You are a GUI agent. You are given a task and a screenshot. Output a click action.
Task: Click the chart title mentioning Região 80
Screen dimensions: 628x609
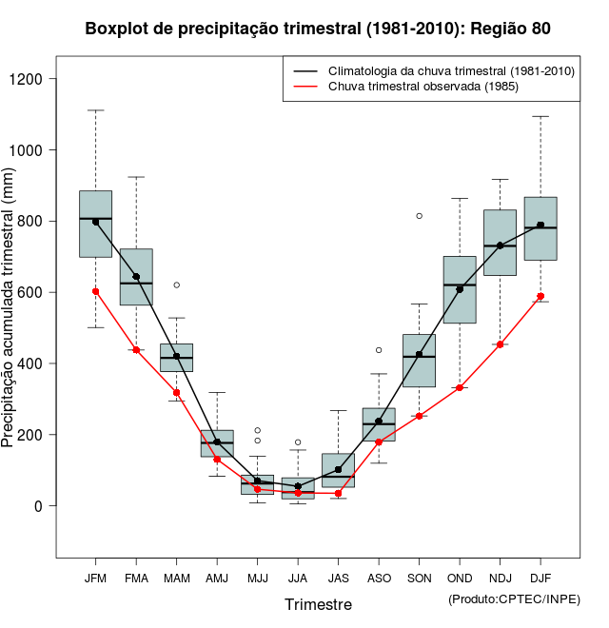pyautogui.click(x=318, y=29)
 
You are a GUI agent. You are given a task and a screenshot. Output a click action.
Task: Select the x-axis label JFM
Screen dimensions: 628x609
pyautogui.click(x=95, y=578)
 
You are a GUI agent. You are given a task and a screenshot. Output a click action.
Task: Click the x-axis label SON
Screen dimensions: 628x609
pyautogui.click(x=419, y=578)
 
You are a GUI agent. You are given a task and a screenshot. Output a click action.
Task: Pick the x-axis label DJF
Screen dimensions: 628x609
pyautogui.click(x=540, y=578)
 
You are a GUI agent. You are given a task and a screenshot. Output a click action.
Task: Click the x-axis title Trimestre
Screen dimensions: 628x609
pyautogui.click(x=318, y=604)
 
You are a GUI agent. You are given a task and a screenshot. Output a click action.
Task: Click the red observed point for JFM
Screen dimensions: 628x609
pyautogui.click(x=96, y=291)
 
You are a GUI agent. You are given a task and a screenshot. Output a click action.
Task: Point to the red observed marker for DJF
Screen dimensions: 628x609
pyautogui.click(x=540, y=296)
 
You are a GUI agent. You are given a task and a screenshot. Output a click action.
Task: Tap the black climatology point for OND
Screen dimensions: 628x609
pyautogui.click(x=460, y=289)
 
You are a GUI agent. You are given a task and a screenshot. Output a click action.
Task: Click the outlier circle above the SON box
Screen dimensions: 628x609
pyautogui.click(x=420, y=216)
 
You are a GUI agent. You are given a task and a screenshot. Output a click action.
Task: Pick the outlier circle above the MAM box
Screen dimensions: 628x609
pyautogui.click(x=177, y=285)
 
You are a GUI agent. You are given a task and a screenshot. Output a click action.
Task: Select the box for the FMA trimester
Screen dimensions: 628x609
pyautogui.click(x=136, y=277)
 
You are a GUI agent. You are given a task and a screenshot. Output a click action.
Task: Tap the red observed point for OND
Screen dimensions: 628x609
pyautogui.click(x=460, y=387)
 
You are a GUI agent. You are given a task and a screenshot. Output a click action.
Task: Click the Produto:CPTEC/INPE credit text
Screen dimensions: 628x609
pyautogui.click(x=514, y=599)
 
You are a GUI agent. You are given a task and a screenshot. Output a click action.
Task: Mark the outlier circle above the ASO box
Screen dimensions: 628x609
pyautogui.click(x=379, y=350)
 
